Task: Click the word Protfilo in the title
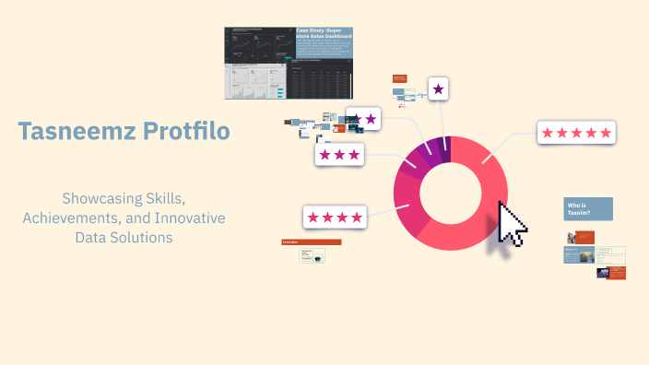(187, 132)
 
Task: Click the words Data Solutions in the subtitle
(124, 237)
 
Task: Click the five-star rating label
(576, 133)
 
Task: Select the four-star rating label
(335, 218)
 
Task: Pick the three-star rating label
(340, 155)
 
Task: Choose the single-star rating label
(438, 89)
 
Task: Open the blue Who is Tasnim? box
(588, 208)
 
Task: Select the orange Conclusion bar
(312, 242)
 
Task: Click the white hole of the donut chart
(450, 194)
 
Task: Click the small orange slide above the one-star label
(400, 79)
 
